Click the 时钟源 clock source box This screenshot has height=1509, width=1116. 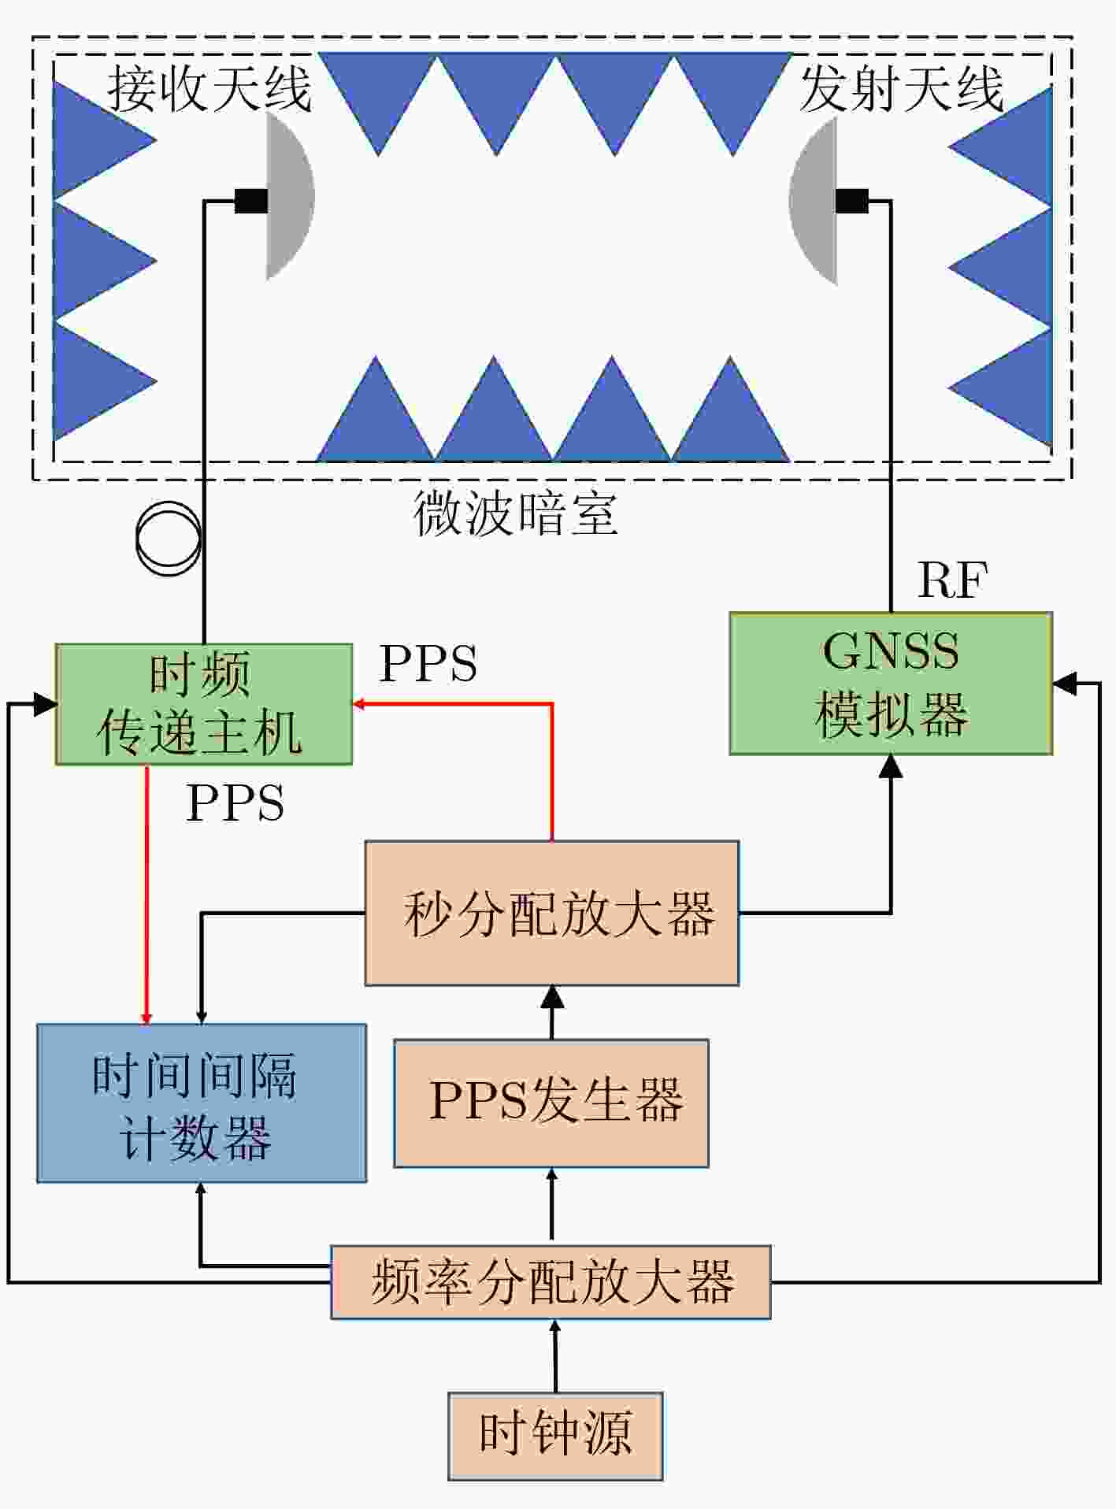click(555, 1436)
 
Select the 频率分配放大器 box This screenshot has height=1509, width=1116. click(551, 1282)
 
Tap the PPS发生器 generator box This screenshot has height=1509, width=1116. click(551, 1103)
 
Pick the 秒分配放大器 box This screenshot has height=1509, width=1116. click(552, 913)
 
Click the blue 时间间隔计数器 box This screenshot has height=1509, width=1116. click(202, 1103)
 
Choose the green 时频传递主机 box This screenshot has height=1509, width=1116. click(204, 704)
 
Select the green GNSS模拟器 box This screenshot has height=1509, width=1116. click(891, 684)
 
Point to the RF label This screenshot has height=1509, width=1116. click(952, 581)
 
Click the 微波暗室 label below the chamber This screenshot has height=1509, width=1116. click(516, 514)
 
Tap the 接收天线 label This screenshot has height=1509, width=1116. click(209, 87)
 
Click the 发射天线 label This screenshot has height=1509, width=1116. click(902, 87)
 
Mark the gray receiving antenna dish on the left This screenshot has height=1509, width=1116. click(290, 195)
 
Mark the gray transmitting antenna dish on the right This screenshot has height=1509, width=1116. click(813, 200)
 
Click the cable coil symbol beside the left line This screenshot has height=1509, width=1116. click(168, 538)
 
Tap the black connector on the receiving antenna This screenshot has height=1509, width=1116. click(251, 201)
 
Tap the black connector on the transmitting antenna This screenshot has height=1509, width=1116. click(852, 201)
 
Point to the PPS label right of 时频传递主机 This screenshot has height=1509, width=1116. click(428, 664)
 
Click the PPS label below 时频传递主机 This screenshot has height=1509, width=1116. click(235, 803)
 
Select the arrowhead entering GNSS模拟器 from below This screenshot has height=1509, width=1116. click(891, 766)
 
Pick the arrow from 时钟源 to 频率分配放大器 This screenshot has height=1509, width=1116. click(555, 1356)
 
